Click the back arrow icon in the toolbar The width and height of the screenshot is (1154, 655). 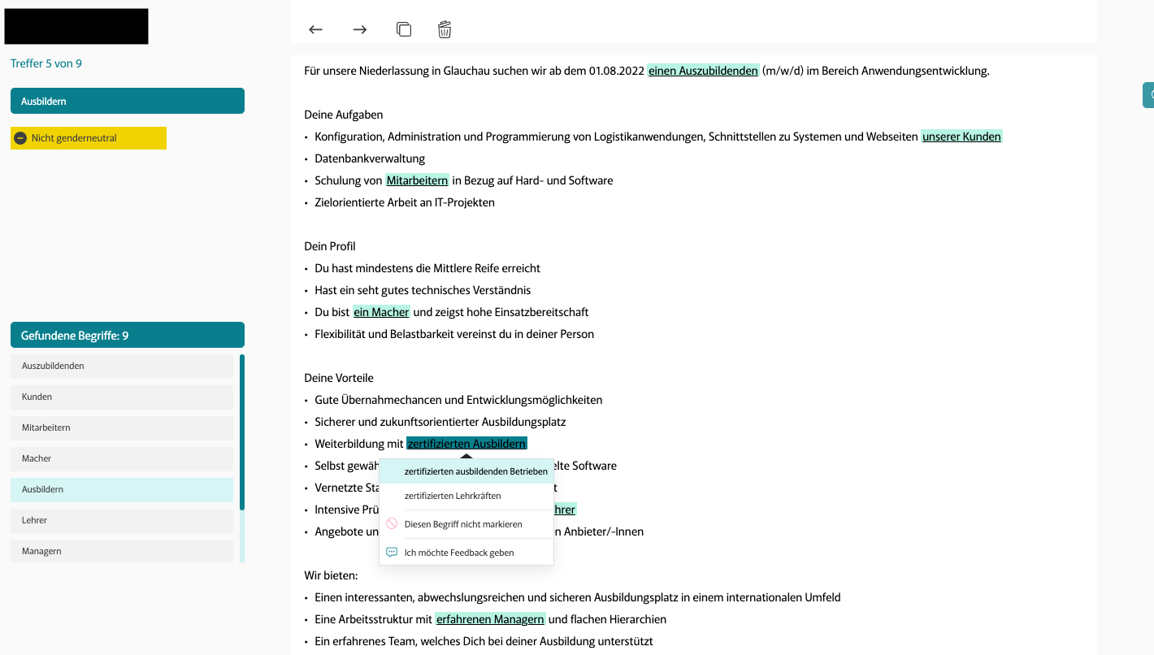(316, 30)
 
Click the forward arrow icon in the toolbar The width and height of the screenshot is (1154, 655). (360, 30)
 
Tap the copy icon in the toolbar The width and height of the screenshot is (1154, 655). (403, 29)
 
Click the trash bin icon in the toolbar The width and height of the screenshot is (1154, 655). (445, 30)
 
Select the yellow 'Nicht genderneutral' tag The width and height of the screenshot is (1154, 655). (89, 138)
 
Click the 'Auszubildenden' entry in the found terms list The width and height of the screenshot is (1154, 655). (122, 367)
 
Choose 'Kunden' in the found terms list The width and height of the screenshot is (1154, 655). (122, 397)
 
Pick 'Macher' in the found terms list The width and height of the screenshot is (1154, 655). (122, 459)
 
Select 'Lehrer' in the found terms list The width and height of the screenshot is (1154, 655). (122, 521)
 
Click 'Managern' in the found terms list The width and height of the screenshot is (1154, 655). (122, 551)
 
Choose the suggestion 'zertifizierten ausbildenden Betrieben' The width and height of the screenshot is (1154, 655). (475, 471)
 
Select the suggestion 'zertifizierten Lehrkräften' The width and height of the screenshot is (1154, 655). (453, 496)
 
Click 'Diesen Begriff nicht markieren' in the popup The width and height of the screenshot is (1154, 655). (463, 524)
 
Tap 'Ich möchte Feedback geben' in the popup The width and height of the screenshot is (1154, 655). (459, 553)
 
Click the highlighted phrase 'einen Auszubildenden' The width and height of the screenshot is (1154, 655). (703, 71)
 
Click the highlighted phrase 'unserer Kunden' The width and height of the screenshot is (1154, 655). (961, 137)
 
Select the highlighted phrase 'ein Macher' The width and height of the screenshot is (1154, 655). (381, 312)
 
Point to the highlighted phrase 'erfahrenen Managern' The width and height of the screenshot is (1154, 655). (490, 619)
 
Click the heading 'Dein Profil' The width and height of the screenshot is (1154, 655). (330, 246)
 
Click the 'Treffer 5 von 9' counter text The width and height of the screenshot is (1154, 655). (46, 63)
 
